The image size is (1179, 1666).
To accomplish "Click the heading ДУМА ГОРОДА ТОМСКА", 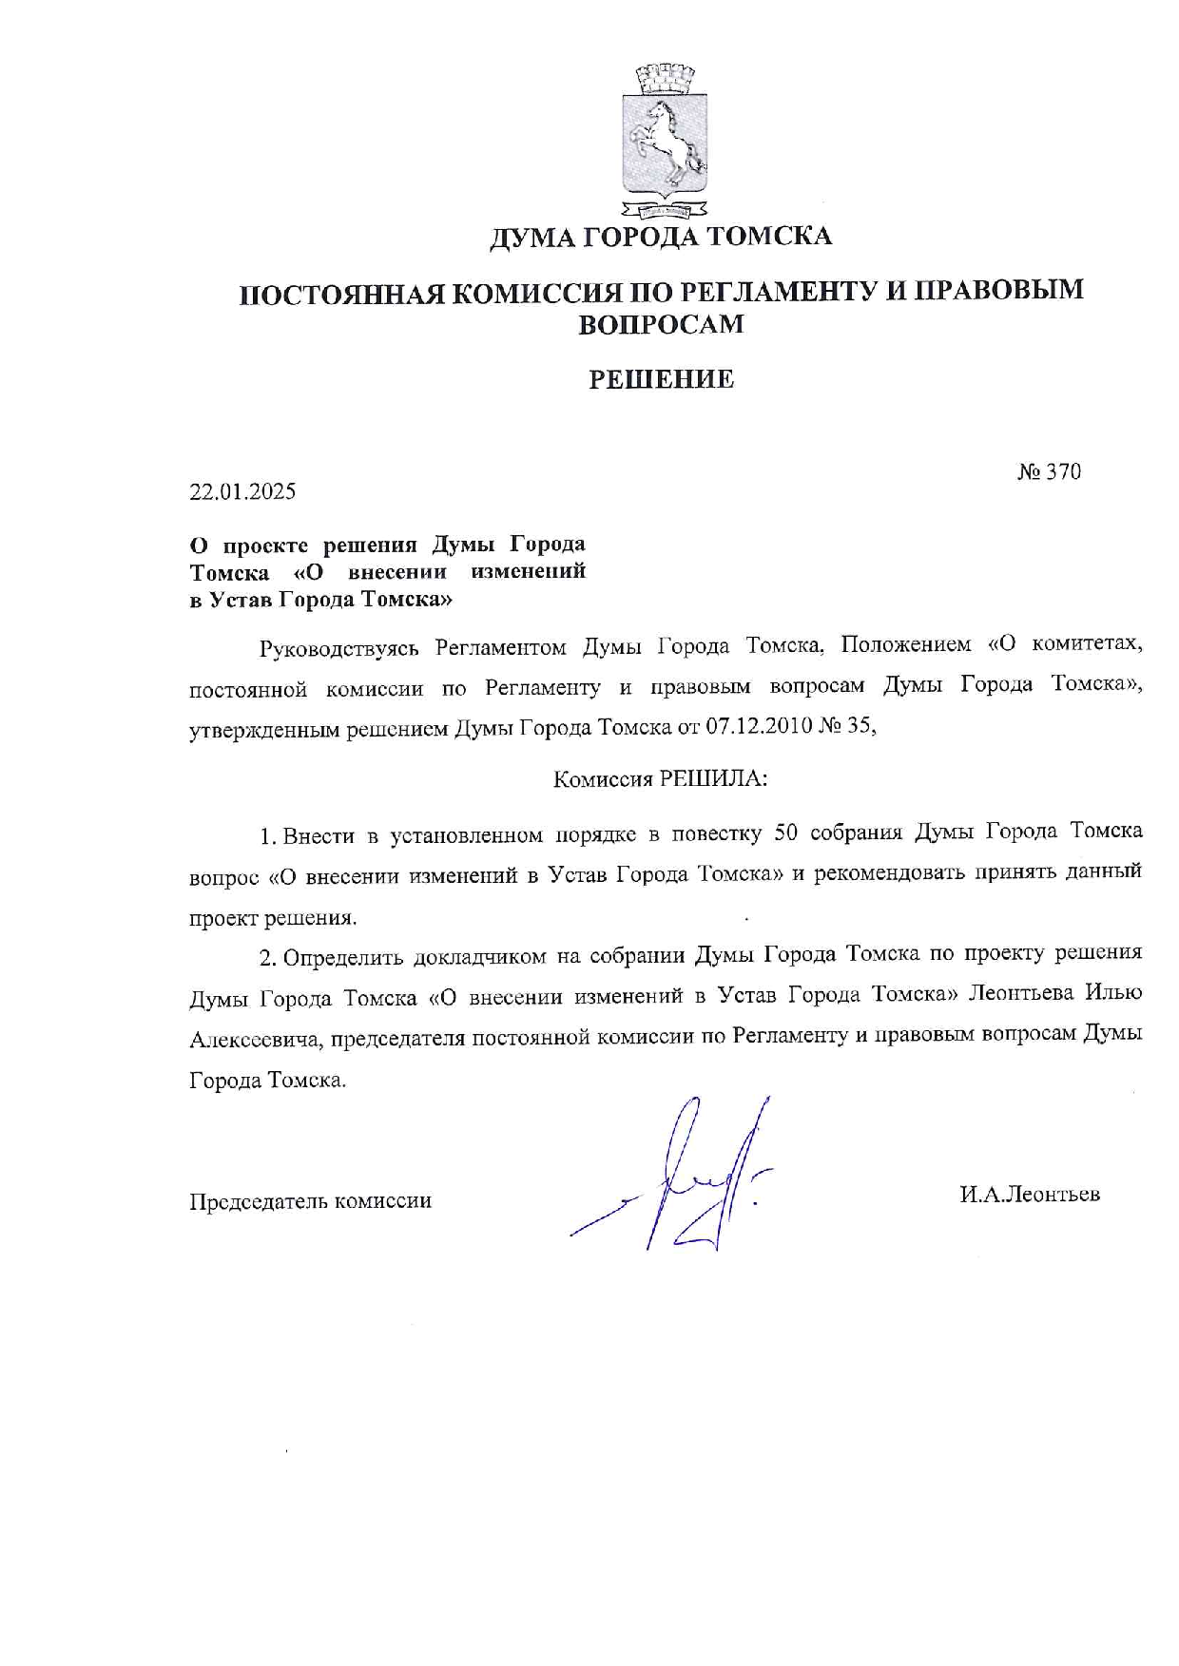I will (x=661, y=237).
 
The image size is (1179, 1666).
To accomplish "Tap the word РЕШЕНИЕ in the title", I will (x=661, y=380).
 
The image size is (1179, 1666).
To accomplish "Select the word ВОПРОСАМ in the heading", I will (x=661, y=325).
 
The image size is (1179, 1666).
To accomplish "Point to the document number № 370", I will (x=1049, y=471).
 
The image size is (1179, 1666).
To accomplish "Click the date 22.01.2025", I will (x=242, y=491).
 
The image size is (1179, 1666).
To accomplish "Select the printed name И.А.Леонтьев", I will (x=1030, y=1195).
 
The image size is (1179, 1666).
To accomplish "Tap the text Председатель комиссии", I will (x=311, y=1201).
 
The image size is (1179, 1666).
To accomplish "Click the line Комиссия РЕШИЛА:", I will (x=660, y=779).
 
